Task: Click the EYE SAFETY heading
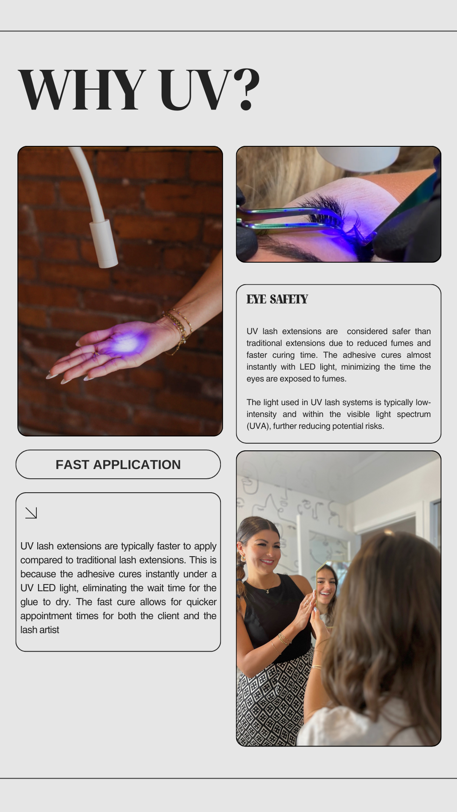(x=277, y=299)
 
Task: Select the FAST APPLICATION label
(x=118, y=464)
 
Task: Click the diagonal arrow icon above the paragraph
(x=31, y=513)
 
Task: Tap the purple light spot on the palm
(x=125, y=343)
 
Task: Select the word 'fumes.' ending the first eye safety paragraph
(x=335, y=379)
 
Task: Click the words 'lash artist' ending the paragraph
(x=40, y=630)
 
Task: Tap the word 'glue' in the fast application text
(x=29, y=602)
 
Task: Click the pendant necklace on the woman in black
(x=267, y=590)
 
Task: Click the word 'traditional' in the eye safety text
(x=264, y=343)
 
